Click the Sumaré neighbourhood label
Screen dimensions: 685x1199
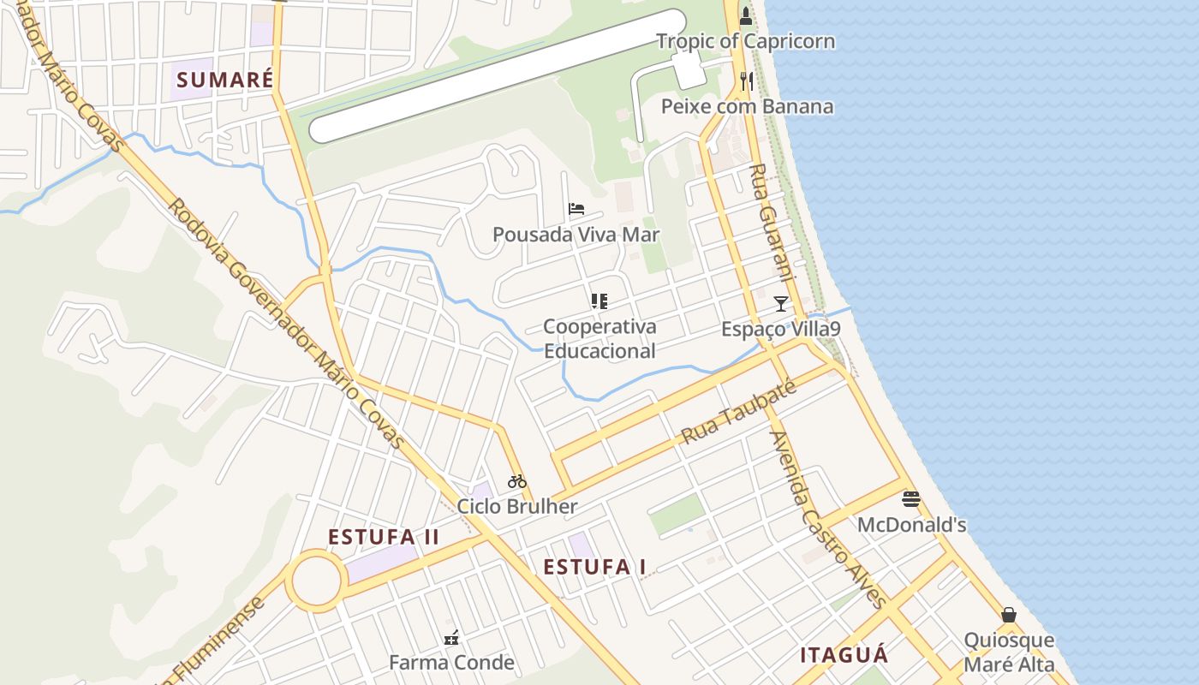coord(224,80)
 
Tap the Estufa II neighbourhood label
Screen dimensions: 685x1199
coord(384,537)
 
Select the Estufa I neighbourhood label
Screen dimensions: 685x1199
coord(595,566)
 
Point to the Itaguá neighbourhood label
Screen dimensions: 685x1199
coord(844,655)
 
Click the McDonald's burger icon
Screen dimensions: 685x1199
coord(911,499)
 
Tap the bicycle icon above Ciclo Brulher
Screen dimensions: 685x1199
coord(516,481)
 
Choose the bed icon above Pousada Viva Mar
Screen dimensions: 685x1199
coord(576,208)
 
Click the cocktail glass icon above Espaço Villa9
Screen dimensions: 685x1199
coord(780,303)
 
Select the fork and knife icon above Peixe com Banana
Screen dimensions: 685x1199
coord(747,80)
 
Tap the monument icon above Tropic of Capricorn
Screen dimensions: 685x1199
coord(746,15)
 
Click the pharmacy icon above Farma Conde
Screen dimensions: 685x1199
coord(451,637)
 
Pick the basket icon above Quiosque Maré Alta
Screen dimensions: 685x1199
coord(1009,615)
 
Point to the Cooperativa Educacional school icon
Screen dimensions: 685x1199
coord(599,301)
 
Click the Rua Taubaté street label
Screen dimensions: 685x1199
coord(738,413)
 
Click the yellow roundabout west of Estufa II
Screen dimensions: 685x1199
coord(316,581)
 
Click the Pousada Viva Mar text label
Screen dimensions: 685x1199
coord(576,234)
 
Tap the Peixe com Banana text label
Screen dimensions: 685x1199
coord(747,106)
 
